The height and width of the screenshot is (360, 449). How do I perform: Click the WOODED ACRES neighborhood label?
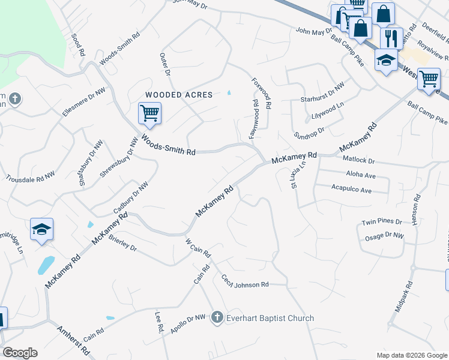(179, 95)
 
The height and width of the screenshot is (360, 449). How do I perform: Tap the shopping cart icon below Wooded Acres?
(149, 112)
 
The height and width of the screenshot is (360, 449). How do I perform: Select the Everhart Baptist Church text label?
(270, 318)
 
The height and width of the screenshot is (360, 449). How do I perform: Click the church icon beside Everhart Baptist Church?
(217, 318)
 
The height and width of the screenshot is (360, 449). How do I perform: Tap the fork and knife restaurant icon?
(391, 38)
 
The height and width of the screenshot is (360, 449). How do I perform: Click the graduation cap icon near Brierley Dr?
(42, 229)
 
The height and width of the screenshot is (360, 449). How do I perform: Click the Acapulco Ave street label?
(352, 190)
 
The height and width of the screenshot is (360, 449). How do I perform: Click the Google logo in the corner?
(20, 353)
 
